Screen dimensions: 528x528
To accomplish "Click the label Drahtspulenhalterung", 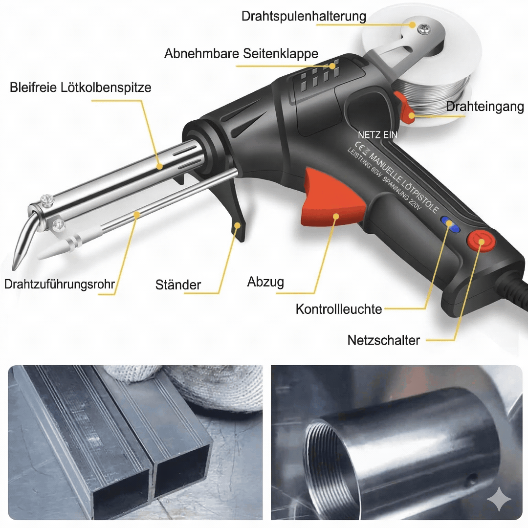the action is pyautogui.click(x=304, y=16).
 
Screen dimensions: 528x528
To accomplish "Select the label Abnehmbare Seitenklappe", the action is pyautogui.click(x=242, y=54).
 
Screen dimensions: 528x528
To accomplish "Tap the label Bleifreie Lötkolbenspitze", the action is pyautogui.click(x=81, y=87).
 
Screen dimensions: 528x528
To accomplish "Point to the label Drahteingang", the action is pyautogui.click(x=485, y=107).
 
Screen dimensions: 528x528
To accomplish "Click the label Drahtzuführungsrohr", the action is pyautogui.click(x=59, y=284).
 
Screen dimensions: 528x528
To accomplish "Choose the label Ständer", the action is pyautogui.click(x=178, y=285).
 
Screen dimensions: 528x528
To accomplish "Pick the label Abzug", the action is pyautogui.click(x=265, y=282).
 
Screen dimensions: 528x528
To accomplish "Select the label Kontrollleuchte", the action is pyautogui.click(x=339, y=309).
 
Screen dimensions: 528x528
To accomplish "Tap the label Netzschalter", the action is pyautogui.click(x=384, y=340).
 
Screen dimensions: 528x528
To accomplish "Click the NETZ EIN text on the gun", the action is pyautogui.click(x=377, y=135).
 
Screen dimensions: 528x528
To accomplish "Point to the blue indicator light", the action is pyautogui.click(x=451, y=224).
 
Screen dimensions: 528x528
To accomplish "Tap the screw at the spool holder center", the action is pyautogui.click(x=423, y=29).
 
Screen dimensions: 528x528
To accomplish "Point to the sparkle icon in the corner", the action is pyautogui.click(x=499, y=499).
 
